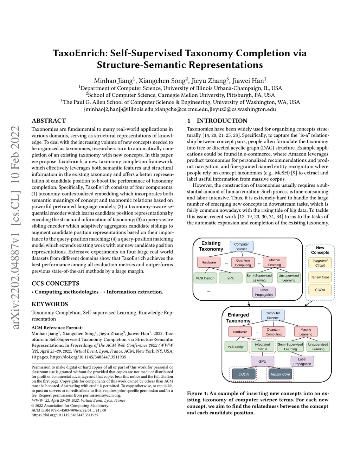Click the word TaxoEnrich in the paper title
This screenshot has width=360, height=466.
pyautogui.click(x=80, y=53)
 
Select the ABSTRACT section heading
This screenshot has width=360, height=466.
pyautogui.click(x=49, y=121)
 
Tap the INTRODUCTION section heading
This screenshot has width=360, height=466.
pyautogui.click(x=222, y=121)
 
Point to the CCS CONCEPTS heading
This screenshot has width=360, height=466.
pyautogui.click(x=55, y=283)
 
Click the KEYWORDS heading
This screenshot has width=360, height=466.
pyautogui.click(x=50, y=304)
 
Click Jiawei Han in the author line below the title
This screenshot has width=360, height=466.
pyautogui.click(x=249, y=81)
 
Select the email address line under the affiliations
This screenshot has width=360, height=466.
pyautogui.click(x=180, y=109)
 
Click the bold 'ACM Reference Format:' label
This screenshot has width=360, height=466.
pyautogui.click(x=57, y=327)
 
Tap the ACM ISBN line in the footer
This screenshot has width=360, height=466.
pyautogui.click(x=69, y=410)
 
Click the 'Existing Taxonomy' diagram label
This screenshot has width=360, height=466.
pyautogui.click(x=211, y=246)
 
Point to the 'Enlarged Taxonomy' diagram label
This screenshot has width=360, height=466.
pyautogui.click(x=238, y=318)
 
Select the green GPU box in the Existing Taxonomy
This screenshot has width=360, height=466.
pyautogui.click(x=230, y=278)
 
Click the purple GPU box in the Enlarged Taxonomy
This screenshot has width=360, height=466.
pyautogui.click(x=262, y=361)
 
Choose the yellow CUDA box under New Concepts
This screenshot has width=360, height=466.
pyautogui.click(x=320, y=290)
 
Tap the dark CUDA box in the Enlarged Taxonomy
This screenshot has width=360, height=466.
pyautogui.click(x=243, y=374)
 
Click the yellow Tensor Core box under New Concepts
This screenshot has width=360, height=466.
pyautogui.click(x=320, y=277)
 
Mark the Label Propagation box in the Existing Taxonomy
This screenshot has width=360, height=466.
pyautogui.click(x=264, y=292)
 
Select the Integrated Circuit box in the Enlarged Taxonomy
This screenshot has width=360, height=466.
pyautogui.click(x=262, y=347)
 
